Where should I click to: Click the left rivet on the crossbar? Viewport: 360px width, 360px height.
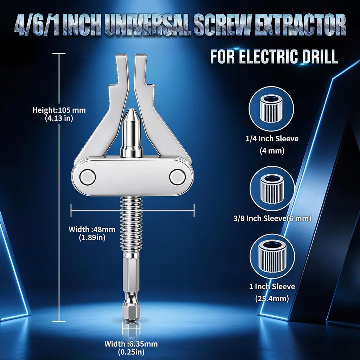tap(88, 177)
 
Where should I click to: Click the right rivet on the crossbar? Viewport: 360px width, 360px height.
tap(177, 177)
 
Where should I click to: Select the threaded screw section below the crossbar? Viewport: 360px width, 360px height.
tap(131, 224)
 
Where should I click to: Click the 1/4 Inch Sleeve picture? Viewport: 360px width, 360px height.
tap(271, 109)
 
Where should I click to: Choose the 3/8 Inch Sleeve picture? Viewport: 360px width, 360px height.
tap(272, 188)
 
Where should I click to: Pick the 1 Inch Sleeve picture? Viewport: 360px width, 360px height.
tap(272, 256)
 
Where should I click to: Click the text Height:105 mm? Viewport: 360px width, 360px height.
tap(59, 110)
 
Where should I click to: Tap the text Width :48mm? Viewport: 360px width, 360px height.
tap(92, 229)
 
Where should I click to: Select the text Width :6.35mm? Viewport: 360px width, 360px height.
tap(131, 344)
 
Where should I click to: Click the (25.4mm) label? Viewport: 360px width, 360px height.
tap(272, 298)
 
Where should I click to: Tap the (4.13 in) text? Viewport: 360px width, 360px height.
tap(59, 118)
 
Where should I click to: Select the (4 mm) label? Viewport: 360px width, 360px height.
tap(272, 150)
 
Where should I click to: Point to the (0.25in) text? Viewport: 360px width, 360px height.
tap(131, 352)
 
